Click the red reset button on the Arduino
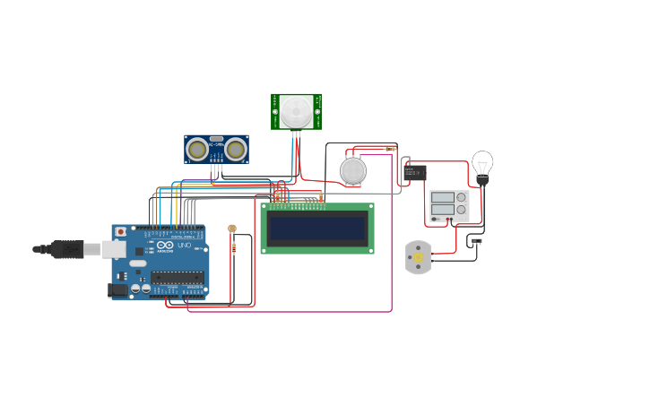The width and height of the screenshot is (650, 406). (x=120, y=232)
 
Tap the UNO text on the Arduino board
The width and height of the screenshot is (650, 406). (x=184, y=245)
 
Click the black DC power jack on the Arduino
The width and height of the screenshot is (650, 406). (x=117, y=289)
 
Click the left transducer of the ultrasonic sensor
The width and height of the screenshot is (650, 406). (x=196, y=149)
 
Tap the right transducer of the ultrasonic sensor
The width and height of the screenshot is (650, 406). (x=236, y=149)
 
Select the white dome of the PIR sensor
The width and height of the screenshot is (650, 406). (x=296, y=111)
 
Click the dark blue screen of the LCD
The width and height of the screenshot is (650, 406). (x=317, y=229)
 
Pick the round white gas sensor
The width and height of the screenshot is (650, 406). (x=353, y=170)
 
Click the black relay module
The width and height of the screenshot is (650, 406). (x=414, y=172)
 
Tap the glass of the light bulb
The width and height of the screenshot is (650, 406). (x=482, y=163)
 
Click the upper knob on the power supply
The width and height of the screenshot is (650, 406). (x=461, y=197)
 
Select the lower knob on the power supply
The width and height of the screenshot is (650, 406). (x=461, y=211)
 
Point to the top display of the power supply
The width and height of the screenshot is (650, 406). (x=442, y=197)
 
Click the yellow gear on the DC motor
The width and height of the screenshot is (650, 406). (x=418, y=257)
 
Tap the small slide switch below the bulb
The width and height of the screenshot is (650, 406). (x=476, y=240)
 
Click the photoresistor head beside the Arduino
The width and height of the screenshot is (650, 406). (x=232, y=229)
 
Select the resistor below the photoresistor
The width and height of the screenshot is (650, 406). (x=234, y=248)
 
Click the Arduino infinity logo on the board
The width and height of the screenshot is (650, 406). (x=164, y=245)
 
